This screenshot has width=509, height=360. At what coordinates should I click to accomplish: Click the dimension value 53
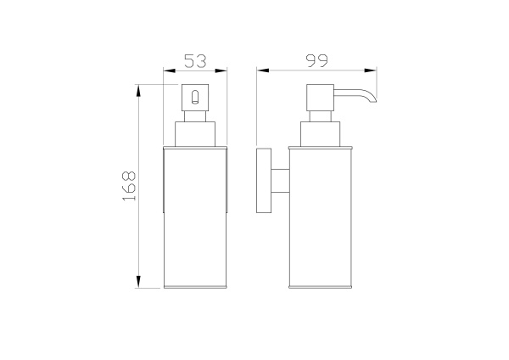click(195, 60)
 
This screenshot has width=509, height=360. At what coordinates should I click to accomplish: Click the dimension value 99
click(318, 60)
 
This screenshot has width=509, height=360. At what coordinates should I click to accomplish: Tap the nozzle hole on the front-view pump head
click(196, 98)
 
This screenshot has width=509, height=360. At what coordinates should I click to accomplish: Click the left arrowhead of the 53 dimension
click(166, 71)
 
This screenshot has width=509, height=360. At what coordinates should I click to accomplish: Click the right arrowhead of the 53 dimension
click(226, 71)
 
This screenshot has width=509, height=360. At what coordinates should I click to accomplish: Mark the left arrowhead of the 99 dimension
click(262, 71)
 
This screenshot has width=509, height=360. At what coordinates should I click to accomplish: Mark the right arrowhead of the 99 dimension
click(375, 71)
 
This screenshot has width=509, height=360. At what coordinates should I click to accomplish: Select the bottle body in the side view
click(320, 217)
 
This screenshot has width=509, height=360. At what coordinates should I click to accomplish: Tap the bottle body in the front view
click(196, 217)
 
